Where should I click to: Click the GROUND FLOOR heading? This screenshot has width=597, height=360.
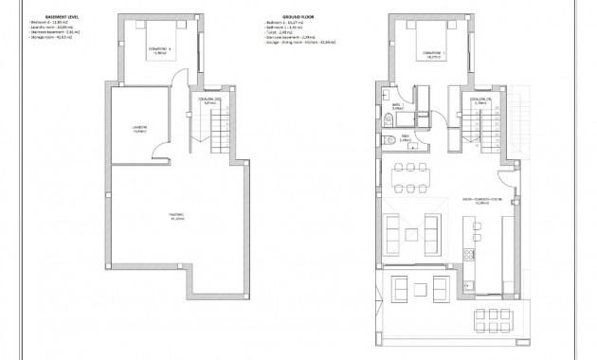274,16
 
